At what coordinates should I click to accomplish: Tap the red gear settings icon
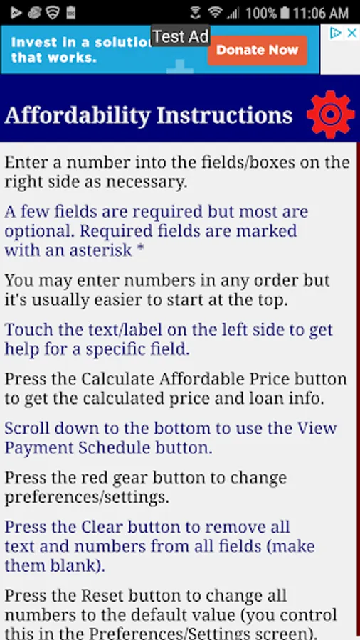point(331,114)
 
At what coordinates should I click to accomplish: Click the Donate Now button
point(257,50)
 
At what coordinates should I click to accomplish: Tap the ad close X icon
point(351,33)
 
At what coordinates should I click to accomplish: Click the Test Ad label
point(181,37)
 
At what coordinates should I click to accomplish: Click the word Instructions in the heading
point(225,115)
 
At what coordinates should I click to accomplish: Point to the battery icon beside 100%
point(285,13)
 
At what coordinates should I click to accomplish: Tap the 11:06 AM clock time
point(321,14)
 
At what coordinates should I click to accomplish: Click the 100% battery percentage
point(261,14)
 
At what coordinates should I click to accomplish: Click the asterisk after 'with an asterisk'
point(140,248)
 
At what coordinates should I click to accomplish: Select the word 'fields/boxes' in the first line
point(248,162)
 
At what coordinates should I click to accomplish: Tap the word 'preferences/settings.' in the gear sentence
point(87,498)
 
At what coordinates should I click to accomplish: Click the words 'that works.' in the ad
point(54,57)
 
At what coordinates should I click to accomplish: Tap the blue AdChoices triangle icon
point(336,33)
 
